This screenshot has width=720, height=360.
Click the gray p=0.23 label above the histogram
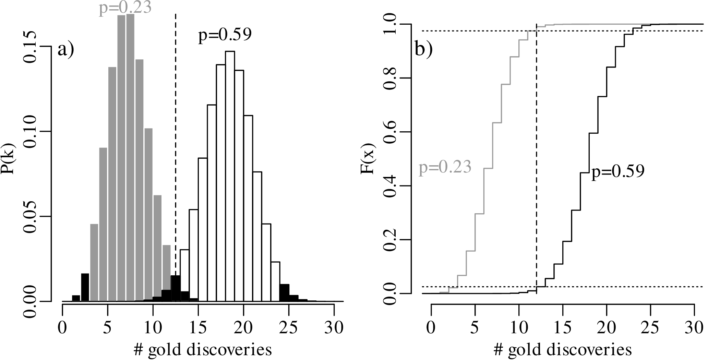125,8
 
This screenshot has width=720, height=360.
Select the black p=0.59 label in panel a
225,36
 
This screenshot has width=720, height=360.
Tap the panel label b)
424,50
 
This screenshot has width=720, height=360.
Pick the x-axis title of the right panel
563,350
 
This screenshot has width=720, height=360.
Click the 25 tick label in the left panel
289,328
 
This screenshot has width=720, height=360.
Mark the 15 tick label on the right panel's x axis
563,328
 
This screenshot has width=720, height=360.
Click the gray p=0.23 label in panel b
445,168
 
